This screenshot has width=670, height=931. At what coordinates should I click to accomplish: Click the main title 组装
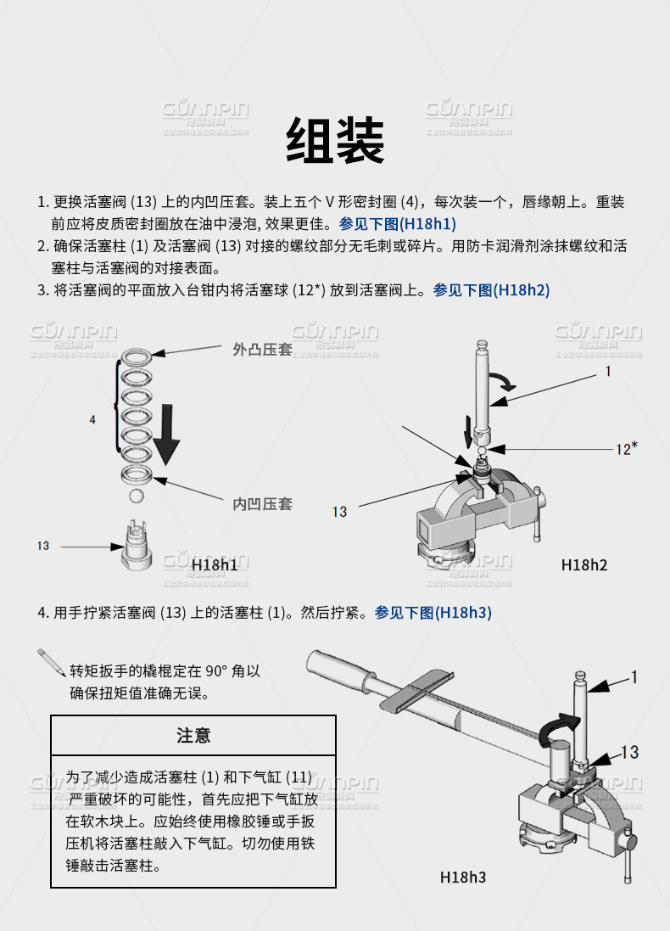tap(335, 140)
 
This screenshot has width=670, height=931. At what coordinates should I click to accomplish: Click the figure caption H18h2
tap(584, 564)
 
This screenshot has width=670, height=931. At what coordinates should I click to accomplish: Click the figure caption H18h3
tap(463, 877)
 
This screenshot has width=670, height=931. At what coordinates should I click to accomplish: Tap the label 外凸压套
tap(262, 349)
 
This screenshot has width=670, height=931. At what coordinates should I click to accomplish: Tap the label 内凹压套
tap(262, 504)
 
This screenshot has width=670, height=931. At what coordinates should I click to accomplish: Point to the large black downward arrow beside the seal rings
tap(167, 432)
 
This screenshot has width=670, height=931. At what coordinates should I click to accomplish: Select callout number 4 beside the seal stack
tap(92, 419)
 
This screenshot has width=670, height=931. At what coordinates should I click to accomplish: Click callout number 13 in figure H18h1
tap(43, 546)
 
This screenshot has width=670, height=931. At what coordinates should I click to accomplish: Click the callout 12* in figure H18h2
tap(626, 448)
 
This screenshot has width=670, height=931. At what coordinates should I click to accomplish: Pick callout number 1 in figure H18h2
tap(607, 371)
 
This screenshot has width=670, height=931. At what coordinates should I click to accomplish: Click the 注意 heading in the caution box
tap(193, 735)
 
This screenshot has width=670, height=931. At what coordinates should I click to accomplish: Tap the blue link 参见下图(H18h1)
tap(398, 224)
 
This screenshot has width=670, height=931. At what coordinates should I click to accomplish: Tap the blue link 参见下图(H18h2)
tap(491, 290)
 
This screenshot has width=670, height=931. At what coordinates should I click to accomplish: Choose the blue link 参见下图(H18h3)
tap(433, 613)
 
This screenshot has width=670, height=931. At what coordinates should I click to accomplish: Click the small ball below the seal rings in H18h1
tap(135, 495)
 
